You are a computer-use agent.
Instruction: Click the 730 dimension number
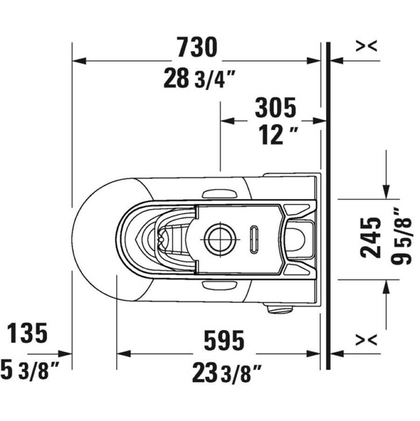[x=198, y=47]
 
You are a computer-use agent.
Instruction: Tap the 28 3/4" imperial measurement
[x=200, y=78]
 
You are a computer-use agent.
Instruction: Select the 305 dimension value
[x=275, y=107]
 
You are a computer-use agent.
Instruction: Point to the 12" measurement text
[x=278, y=136]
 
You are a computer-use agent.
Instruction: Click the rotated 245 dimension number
[x=371, y=238]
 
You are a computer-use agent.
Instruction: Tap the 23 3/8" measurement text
[x=227, y=372]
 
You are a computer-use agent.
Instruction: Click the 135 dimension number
[x=27, y=333]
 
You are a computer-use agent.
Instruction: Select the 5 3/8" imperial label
[x=29, y=370]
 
